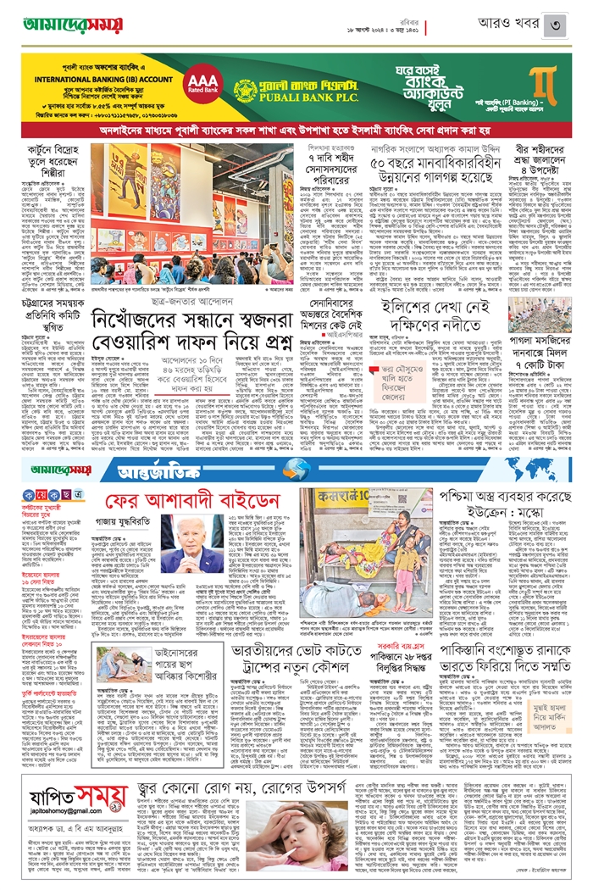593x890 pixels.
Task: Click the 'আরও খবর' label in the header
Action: [x=496, y=24]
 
